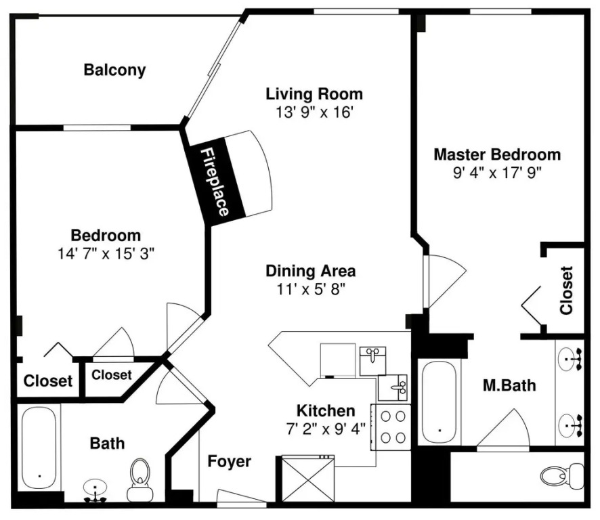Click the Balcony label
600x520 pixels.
115,70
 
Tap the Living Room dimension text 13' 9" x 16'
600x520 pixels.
314,112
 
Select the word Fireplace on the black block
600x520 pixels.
215,181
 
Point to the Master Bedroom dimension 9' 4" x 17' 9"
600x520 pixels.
497,173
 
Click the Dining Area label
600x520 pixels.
311,271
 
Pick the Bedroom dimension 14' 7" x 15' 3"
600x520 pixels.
106,254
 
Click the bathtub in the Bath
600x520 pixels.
39,448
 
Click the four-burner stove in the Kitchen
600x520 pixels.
391,427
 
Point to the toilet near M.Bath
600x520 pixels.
562,476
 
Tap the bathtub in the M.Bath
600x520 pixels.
440,402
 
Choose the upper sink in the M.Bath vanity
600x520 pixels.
570,359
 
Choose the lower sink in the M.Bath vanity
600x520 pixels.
570,425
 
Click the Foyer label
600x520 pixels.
229,461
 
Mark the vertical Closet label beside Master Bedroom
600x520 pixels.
566,290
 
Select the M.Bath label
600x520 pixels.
509,385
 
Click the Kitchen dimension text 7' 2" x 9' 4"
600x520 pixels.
326,429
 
